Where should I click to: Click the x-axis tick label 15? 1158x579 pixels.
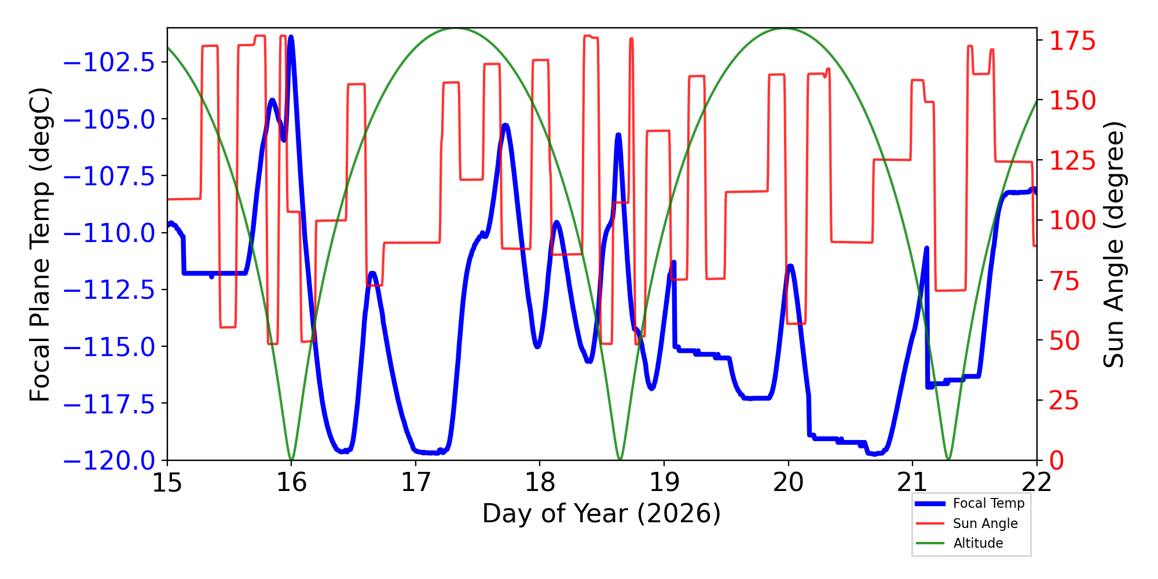point(167,482)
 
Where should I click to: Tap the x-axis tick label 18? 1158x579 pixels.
point(540,482)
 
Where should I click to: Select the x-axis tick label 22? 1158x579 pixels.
point(1036,482)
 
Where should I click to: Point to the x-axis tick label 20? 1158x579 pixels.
point(788,482)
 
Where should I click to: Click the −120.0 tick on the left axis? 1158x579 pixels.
point(109,461)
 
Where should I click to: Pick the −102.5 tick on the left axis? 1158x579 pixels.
point(109,63)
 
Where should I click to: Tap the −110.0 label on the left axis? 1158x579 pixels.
point(109,233)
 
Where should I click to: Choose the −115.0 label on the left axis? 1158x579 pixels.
point(109,347)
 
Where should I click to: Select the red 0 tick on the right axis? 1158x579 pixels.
point(1057,461)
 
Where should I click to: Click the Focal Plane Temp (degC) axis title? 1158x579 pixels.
point(41,244)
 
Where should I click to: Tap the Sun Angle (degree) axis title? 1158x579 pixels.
point(1113,244)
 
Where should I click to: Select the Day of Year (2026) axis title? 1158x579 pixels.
point(602,514)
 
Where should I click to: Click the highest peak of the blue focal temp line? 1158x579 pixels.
point(291,38)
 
